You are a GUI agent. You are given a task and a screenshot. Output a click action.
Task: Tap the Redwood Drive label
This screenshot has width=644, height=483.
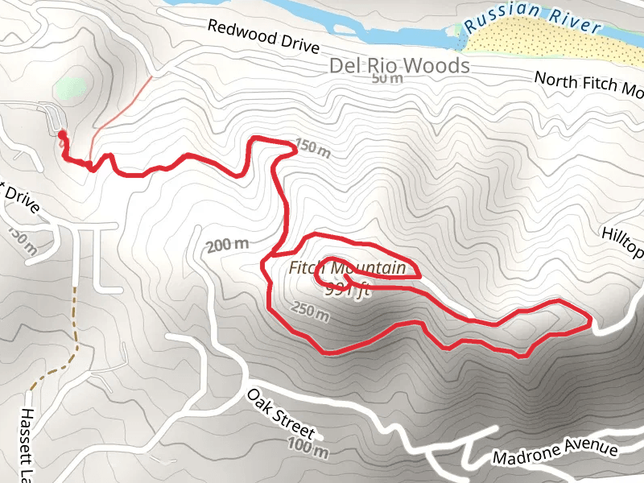pyautogui.click(x=262, y=37)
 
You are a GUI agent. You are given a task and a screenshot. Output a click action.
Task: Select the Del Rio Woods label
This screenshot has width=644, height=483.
pyautogui.click(x=399, y=65)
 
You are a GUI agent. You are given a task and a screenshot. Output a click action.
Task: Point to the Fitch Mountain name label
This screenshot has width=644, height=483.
pyautogui.click(x=347, y=269)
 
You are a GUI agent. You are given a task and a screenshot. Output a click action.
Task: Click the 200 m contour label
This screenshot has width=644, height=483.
pyautogui.click(x=227, y=246)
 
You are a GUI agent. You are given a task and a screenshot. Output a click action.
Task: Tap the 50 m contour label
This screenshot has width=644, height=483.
pyautogui.click(x=387, y=79)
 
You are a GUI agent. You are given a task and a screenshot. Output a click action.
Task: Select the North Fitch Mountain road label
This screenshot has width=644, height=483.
pyautogui.click(x=588, y=84)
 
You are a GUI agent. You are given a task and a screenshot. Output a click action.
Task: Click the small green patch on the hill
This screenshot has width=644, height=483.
pyautogui.click(x=71, y=87)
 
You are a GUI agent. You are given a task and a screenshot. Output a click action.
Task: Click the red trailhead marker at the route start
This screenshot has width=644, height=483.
pyautogui.click(x=62, y=134)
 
